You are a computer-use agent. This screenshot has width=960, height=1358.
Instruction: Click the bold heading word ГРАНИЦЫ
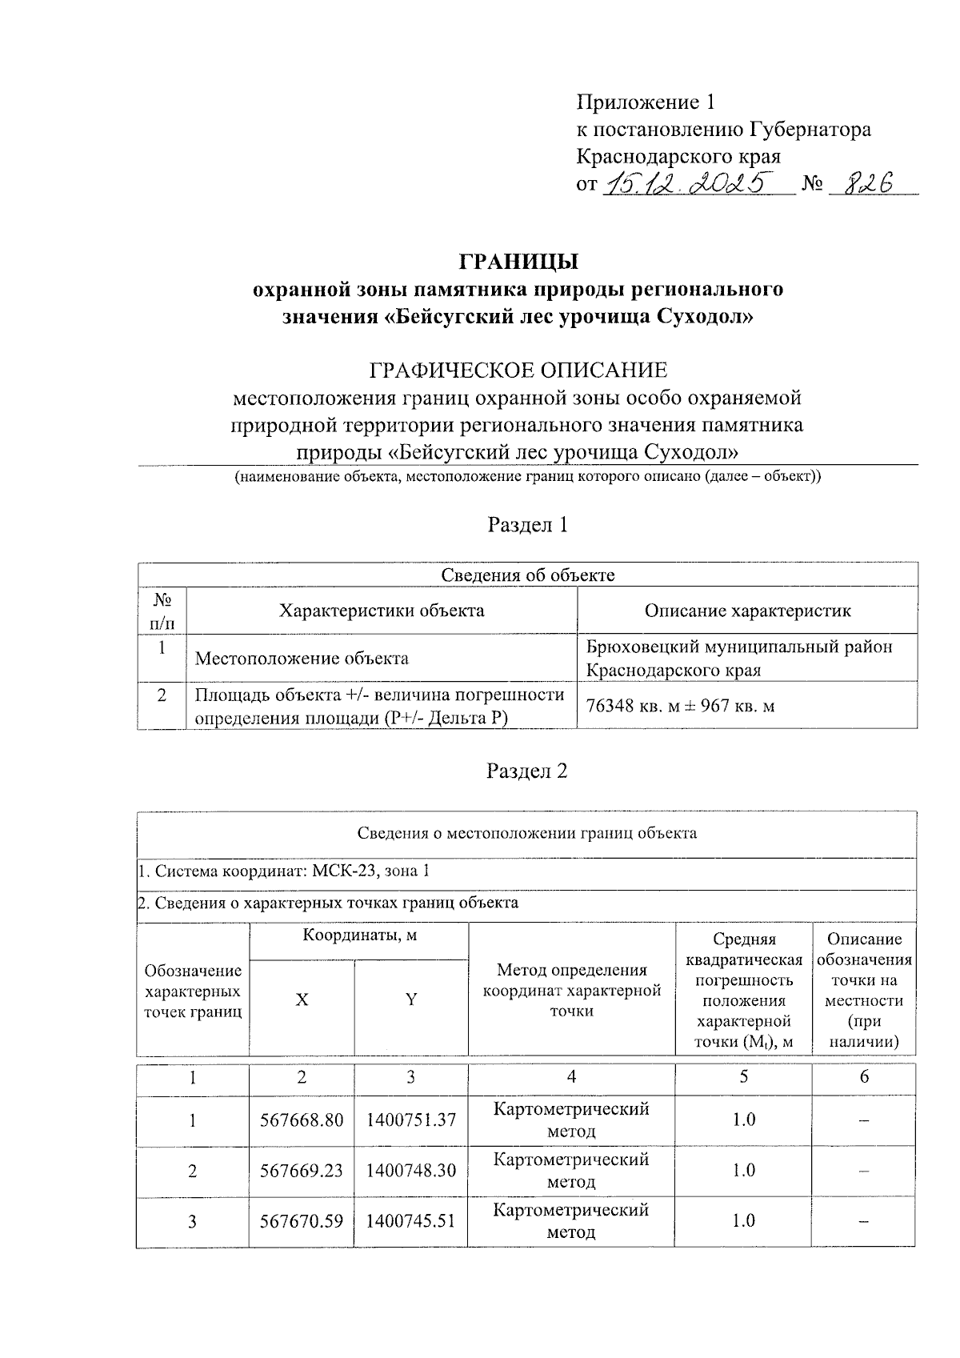click(518, 262)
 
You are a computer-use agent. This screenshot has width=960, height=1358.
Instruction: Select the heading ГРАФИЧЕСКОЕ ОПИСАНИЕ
click(518, 371)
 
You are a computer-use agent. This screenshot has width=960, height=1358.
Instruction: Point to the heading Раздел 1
click(527, 525)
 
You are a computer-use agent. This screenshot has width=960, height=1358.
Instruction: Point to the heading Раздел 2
click(527, 771)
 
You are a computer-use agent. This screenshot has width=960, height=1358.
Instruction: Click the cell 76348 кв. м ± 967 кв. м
click(680, 706)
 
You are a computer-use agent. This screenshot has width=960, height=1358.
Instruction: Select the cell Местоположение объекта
click(302, 659)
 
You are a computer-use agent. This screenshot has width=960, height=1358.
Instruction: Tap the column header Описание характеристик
click(747, 611)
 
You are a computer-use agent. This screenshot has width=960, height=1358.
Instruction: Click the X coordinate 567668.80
click(302, 1120)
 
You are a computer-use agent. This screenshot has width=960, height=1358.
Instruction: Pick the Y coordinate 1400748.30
click(411, 1170)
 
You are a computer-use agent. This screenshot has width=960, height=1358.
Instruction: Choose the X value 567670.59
click(302, 1220)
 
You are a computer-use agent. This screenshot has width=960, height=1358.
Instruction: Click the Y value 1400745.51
click(411, 1220)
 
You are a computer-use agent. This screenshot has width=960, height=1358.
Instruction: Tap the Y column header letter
click(411, 999)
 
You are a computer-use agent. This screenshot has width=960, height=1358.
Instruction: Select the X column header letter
click(302, 999)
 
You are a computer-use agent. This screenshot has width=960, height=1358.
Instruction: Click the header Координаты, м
click(359, 935)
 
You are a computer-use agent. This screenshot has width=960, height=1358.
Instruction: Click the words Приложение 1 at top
click(645, 102)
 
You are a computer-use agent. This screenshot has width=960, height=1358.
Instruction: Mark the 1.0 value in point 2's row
click(743, 1170)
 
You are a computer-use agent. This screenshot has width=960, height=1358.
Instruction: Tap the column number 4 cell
click(571, 1077)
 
